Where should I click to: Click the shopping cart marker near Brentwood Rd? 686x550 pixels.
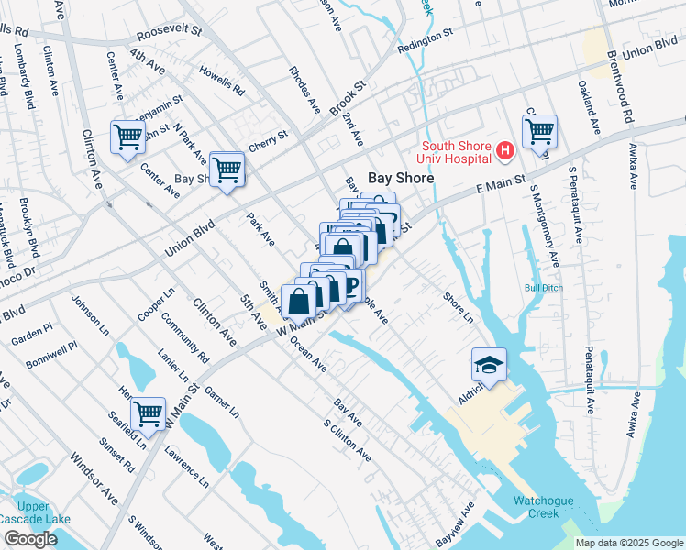(539, 131)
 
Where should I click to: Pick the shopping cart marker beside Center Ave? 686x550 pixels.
(128, 137)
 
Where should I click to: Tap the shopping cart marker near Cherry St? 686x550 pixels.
(227, 169)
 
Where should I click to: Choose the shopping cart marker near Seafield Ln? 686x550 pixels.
(148, 413)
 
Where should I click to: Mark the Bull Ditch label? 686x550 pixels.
(542, 288)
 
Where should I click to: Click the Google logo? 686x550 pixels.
(30, 539)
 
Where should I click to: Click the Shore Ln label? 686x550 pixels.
(459, 308)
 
